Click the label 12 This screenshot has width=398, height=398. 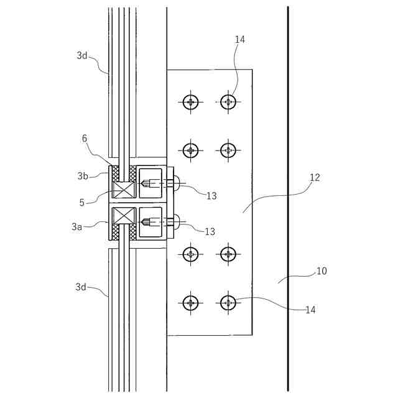click(x=315, y=177)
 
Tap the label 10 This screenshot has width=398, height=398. click(x=322, y=271)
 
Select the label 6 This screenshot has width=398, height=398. click(x=85, y=139)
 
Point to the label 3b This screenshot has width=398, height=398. click(x=83, y=175)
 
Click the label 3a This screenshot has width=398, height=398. click(x=76, y=227)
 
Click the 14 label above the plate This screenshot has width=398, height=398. click(x=240, y=39)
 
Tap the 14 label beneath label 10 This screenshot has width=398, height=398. click(x=310, y=309)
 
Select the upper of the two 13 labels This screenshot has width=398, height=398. click(x=211, y=195)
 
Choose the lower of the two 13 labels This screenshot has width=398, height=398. click(x=210, y=231)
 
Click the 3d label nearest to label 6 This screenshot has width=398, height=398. click(x=82, y=55)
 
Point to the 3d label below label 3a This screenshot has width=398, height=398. click(x=81, y=287)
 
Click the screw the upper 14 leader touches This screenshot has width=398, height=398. click(x=229, y=101)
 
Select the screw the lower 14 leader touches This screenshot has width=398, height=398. click(x=229, y=303)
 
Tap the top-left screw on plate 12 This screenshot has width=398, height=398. click(x=191, y=101)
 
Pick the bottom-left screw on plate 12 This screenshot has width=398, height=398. click(x=191, y=303)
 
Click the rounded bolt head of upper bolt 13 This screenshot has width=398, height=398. click(x=177, y=184)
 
